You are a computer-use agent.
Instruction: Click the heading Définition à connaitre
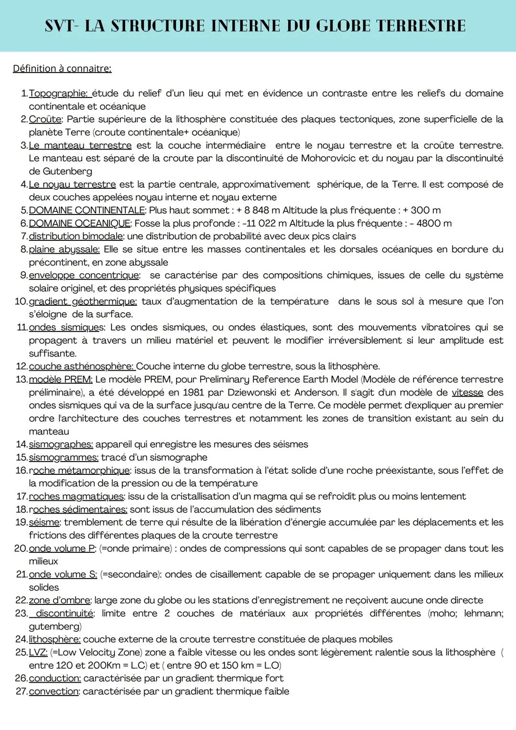click(x=62, y=69)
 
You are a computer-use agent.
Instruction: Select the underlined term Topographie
click(x=58, y=94)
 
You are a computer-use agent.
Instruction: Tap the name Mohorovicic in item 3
click(x=328, y=158)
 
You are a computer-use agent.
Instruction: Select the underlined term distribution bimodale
click(x=75, y=236)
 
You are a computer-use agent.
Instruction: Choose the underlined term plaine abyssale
click(x=64, y=249)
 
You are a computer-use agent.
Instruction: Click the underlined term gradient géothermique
click(x=83, y=301)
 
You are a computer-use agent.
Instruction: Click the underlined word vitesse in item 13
click(x=467, y=393)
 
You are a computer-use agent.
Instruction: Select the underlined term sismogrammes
click(x=64, y=458)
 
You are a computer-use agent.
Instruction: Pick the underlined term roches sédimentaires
click(x=78, y=510)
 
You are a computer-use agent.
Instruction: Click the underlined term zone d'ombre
click(x=60, y=601)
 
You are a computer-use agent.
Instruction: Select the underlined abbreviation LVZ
click(x=38, y=653)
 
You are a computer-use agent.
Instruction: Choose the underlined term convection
click(x=54, y=692)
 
